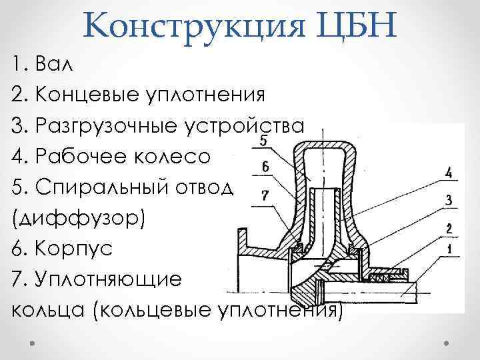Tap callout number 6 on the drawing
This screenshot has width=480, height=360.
265,167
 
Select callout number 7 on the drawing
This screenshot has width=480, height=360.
265,195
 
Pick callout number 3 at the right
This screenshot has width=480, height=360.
449,199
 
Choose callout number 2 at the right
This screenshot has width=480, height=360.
449,229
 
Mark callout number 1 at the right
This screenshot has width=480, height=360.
449,251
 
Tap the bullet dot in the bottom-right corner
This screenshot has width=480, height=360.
447,341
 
